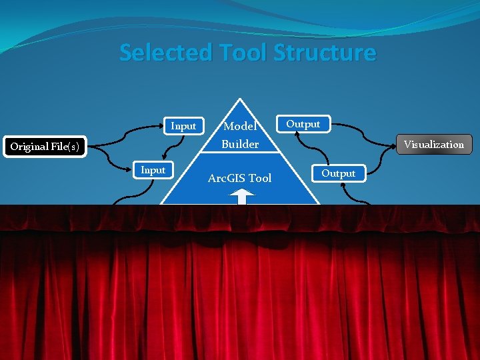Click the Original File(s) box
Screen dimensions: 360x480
coord(45,146)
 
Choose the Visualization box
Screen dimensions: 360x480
coord(433,144)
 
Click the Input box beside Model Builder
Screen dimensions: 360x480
coord(183,125)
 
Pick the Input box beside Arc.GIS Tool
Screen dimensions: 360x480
coord(153,171)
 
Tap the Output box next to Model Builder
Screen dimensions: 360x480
coord(303,124)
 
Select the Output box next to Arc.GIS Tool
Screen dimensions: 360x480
coord(338,173)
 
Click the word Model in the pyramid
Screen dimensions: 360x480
coord(240,126)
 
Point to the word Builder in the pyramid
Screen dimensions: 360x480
coord(240,144)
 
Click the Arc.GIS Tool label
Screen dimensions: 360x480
coord(239,178)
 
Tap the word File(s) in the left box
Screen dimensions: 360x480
coord(66,146)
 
